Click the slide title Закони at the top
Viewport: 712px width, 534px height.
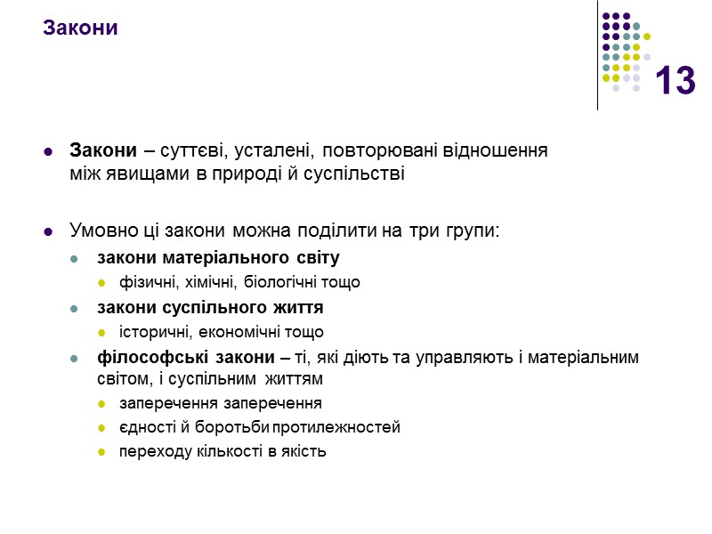[x=80, y=28]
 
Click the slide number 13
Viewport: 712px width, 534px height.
[x=675, y=82]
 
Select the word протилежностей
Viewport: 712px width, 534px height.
[x=345, y=427]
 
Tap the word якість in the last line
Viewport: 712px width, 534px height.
[x=305, y=451]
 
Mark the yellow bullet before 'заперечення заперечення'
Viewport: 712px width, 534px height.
[x=101, y=404]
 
